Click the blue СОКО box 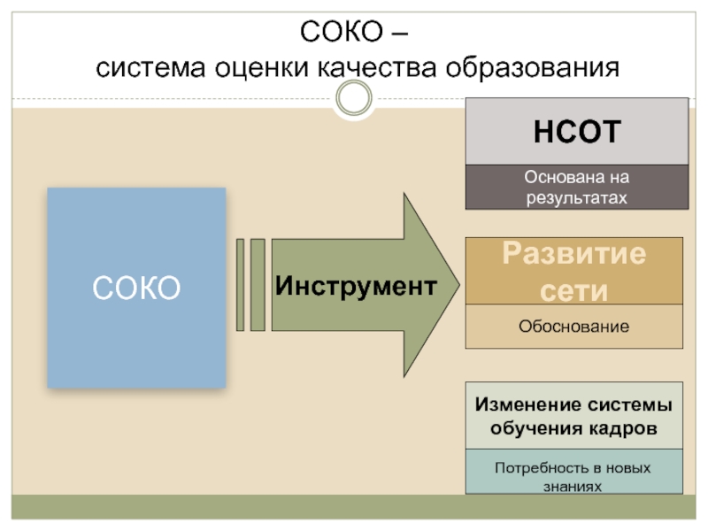coord(136,288)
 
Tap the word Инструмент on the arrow coord(355,286)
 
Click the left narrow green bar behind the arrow coord(240,284)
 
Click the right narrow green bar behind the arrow coord(258,284)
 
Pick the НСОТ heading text coord(577,132)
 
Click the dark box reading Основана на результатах coord(577,187)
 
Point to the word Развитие coord(574,255)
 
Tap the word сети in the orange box coord(574,290)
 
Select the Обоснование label coord(574,327)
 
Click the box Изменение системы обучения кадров coord(574,416)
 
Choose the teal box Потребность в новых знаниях coord(574,476)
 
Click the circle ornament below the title coord(355,98)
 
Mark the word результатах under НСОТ coord(576,196)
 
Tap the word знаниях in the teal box coord(574,486)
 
